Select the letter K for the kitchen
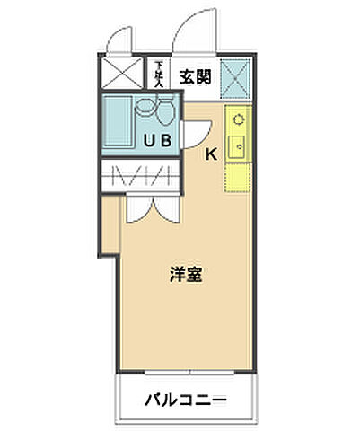(211, 154)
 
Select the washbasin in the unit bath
(144, 110)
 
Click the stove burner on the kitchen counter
(238, 118)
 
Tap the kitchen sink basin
(238, 145)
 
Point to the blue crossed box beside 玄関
(237, 78)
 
